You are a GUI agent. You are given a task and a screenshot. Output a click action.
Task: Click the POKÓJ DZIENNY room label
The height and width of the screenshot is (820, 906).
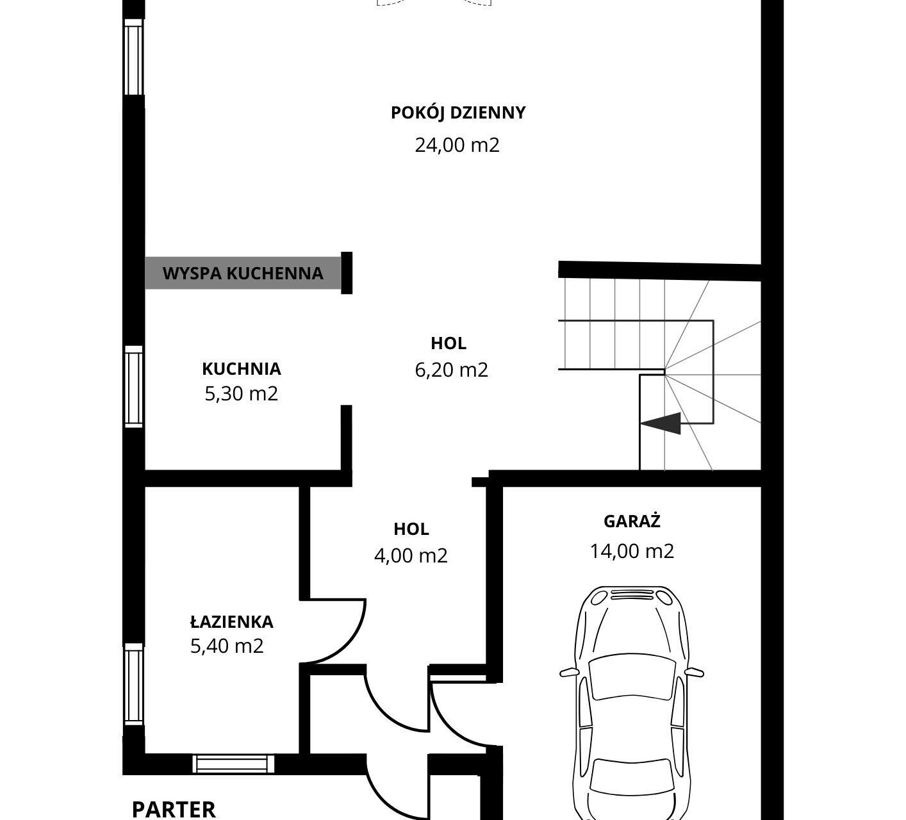[458, 113]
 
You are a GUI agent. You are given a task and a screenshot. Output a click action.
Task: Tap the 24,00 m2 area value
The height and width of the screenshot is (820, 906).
[457, 145]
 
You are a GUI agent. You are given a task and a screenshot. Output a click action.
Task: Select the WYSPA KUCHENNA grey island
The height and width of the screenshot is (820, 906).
[243, 273]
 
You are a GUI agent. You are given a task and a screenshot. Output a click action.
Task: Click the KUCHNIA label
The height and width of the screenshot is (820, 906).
[241, 369]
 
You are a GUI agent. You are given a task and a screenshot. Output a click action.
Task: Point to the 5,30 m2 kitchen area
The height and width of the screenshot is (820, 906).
[241, 394]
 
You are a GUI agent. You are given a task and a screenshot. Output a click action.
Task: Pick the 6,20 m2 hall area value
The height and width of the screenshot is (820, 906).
[451, 370]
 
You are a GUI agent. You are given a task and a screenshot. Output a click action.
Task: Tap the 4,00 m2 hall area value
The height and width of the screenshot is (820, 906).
[411, 555]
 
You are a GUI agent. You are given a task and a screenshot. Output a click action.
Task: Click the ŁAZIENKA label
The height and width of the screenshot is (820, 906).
[232, 621]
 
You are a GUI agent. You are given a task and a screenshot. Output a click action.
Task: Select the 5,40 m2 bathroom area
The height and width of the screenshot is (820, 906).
[227, 646]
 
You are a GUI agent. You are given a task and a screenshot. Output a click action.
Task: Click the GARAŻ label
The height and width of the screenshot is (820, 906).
[632, 521]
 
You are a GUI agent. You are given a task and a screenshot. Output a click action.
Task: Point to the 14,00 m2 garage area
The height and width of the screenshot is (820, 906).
[632, 551]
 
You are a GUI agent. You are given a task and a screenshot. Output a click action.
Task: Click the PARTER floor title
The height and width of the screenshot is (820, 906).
[174, 810]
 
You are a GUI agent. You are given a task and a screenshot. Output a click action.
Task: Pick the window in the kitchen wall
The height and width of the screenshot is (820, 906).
[134, 387]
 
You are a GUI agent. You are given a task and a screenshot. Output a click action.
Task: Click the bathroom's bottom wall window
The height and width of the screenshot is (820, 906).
[233, 764]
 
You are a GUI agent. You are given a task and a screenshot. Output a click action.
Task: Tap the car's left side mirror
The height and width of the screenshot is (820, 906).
[569, 672]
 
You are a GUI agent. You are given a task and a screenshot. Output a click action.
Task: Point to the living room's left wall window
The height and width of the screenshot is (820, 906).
[134, 57]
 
